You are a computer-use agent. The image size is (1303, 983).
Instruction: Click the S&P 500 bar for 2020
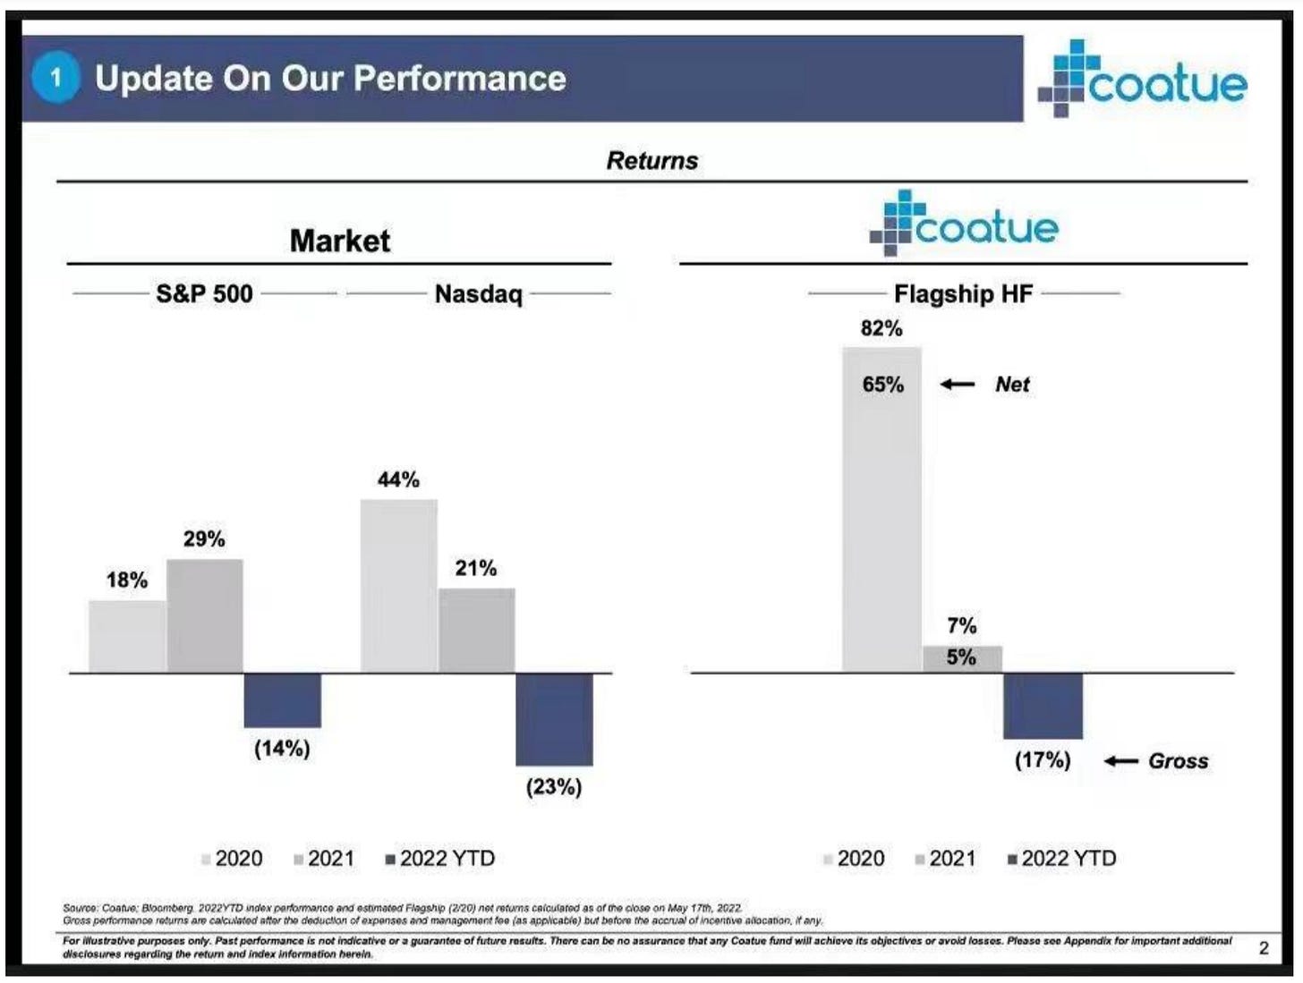[127, 636]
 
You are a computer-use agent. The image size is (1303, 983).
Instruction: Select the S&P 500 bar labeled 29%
[205, 615]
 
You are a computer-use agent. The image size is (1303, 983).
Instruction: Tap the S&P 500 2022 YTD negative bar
[282, 700]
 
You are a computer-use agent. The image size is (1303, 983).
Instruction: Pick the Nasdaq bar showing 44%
[399, 586]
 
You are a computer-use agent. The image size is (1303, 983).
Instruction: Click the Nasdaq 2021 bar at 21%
[476, 630]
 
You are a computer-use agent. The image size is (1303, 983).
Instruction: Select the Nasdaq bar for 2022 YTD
[554, 719]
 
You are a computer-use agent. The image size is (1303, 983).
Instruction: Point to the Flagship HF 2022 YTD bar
[1043, 706]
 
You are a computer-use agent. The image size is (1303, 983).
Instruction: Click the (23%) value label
[554, 787]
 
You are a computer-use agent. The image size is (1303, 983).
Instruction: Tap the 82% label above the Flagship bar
[881, 328]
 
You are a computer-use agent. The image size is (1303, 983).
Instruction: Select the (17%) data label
[1043, 760]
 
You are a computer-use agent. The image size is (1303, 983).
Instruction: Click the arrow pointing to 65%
[958, 385]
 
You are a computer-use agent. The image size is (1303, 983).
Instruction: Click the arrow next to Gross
[1120, 761]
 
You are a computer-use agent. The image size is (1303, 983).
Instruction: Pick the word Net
[1012, 385]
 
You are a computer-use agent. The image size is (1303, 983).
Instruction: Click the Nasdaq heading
[478, 294]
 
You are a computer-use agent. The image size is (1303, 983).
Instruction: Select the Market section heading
[339, 241]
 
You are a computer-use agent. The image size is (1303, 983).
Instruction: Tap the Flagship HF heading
[963, 294]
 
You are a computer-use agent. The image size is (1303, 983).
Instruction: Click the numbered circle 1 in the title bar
[55, 78]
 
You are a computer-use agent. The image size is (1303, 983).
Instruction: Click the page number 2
[1264, 948]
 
